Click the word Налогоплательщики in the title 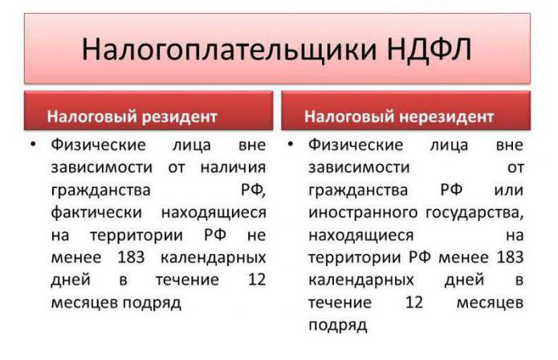coord(229,50)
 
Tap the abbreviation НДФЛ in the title coord(430,49)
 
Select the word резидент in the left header coord(179,117)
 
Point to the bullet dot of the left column coord(33,144)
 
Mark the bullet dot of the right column coord(291,144)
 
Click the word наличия coord(233,167)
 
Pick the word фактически coord(96,213)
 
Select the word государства coord(475,213)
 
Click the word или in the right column coord(509,190)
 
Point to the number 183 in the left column coord(131,257)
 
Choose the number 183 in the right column coord(511,257)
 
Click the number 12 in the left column coord(257,280)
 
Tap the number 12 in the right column coord(414,302)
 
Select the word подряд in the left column coord(152,304)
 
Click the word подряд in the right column coord(338,325)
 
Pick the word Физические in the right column coord(356,145)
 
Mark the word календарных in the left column coord(214,258)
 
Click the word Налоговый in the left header coord(92,117)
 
